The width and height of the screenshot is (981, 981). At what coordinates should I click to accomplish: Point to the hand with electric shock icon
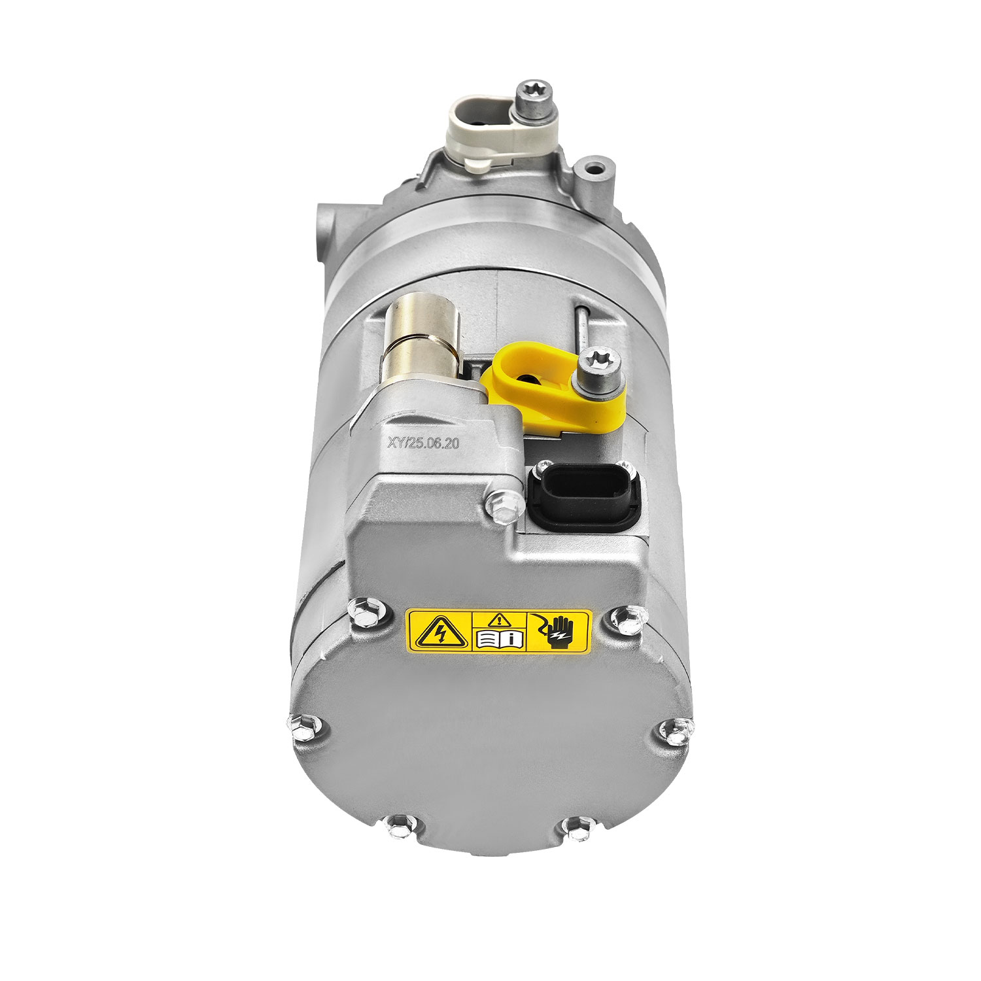point(557,630)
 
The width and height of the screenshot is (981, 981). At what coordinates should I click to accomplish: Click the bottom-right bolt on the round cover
point(576,829)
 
